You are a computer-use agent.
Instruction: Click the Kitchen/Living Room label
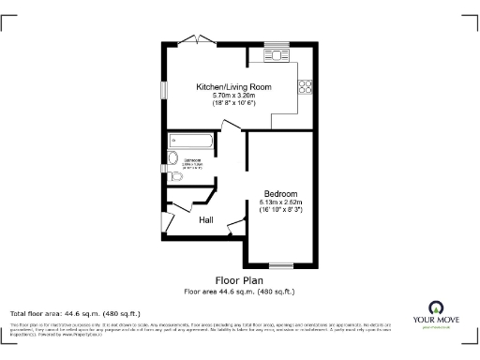pyautogui.click(x=233, y=86)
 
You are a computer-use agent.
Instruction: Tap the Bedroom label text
pyautogui.click(x=280, y=192)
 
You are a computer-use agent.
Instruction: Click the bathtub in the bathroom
pyautogui.click(x=191, y=142)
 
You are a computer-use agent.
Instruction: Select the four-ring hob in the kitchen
pyautogui.click(x=305, y=89)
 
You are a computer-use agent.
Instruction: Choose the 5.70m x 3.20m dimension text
pyautogui.click(x=233, y=95)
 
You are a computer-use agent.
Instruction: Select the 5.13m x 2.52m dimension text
pyautogui.click(x=280, y=201)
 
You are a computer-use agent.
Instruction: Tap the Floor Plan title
pyautogui.click(x=239, y=279)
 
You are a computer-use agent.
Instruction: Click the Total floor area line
pyautogui.click(x=75, y=312)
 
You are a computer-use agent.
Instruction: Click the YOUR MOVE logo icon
pyautogui.click(x=435, y=307)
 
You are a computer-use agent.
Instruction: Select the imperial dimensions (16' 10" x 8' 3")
pyautogui.click(x=280, y=209)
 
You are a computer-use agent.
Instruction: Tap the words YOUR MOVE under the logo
pyautogui.click(x=435, y=321)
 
